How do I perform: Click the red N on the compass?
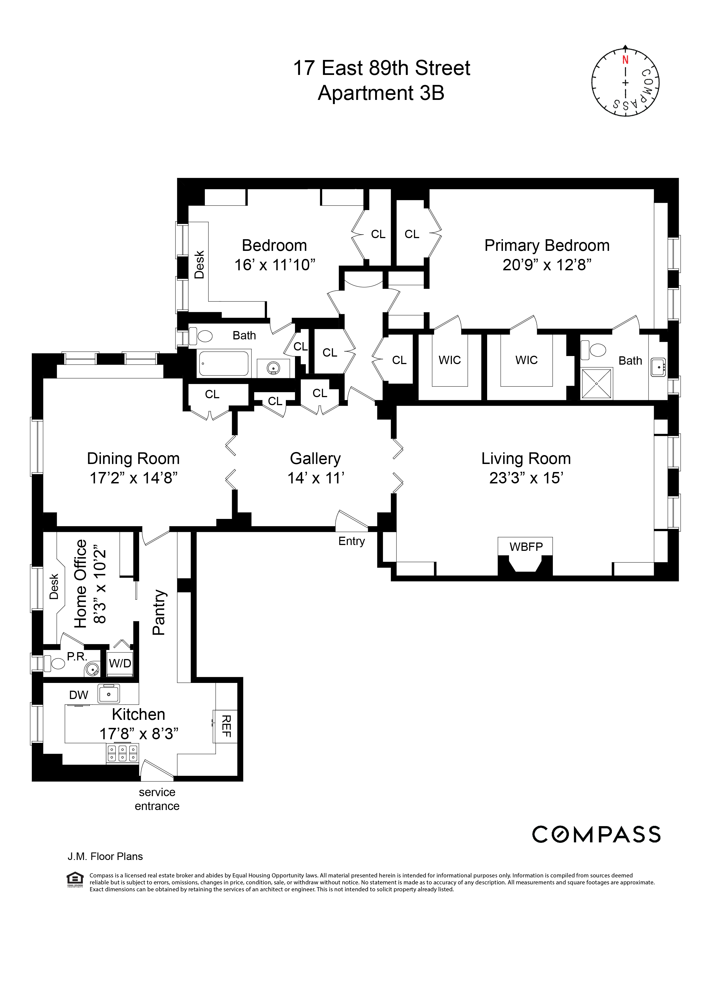tap(625, 60)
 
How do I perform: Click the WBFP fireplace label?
tap(526, 546)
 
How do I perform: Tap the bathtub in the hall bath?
tap(224, 363)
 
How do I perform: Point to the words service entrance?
tap(157, 799)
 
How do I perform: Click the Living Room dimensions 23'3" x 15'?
tap(526, 478)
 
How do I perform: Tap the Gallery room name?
tap(315, 458)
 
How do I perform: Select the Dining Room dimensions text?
tap(133, 478)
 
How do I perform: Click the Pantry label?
tap(159, 612)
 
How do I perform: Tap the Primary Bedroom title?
tap(547, 245)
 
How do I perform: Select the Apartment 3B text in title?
tap(381, 93)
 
